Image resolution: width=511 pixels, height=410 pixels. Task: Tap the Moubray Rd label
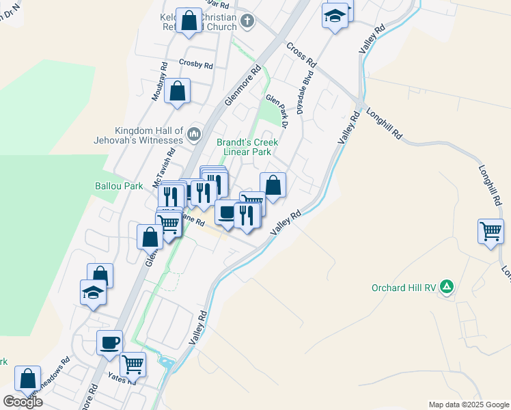[159, 83]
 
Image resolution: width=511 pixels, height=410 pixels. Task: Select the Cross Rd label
[301, 54]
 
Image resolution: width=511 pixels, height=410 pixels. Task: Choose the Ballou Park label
[113, 186]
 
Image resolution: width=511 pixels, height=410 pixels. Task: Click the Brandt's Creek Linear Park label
[247, 147]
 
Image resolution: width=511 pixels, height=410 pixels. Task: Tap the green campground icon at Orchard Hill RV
[447, 287]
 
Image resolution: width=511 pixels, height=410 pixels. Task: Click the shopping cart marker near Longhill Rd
[491, 231]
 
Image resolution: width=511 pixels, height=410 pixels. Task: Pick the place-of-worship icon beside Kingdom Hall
[195, 133]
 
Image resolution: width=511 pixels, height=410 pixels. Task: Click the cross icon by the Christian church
[247, 21]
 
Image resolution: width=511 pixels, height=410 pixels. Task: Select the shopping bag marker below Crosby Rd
[177, 91]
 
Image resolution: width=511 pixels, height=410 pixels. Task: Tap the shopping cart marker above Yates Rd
[133, 364]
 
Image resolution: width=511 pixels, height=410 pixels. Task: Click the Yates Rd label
[122, 378]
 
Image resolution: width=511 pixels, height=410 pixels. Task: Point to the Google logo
[23, 401]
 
